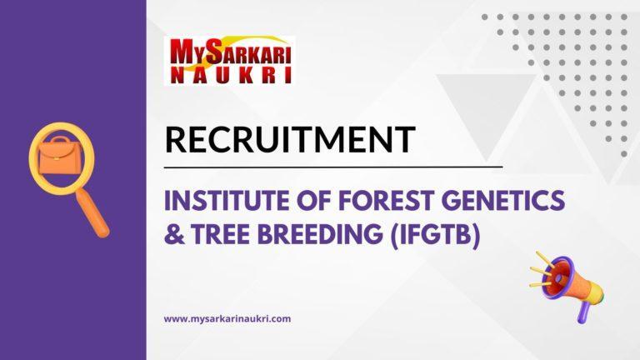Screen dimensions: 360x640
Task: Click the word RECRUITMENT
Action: pyautogui.click(x=289, y=139)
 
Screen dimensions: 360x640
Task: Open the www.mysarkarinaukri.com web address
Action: pyautogui.click(x=227, y=318)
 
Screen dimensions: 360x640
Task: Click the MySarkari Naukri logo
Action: pyautogui.click(x=231, y=59)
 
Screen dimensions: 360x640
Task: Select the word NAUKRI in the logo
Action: pyautogui.click(x=231, y=74)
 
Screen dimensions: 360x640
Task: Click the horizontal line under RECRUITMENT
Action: pyautogui.click(x=333, y=167)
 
